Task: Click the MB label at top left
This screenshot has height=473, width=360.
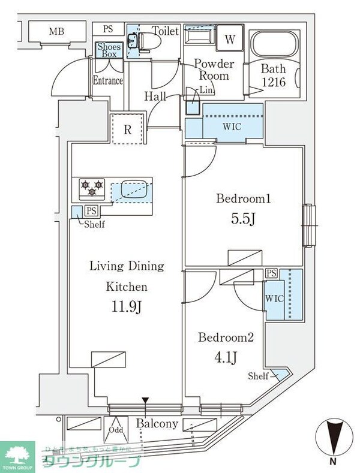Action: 56,31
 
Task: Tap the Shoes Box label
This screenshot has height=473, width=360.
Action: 109,50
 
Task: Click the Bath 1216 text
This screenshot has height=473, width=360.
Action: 276,76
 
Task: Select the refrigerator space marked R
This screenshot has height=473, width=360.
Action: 128,128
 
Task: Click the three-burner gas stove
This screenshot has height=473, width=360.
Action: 91,189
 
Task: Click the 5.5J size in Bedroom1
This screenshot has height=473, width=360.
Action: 244,219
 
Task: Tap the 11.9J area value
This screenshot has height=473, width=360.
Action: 127,308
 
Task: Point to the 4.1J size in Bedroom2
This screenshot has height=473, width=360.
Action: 226,358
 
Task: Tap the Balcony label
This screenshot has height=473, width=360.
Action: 157,424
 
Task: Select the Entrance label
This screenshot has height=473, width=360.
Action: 108,80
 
